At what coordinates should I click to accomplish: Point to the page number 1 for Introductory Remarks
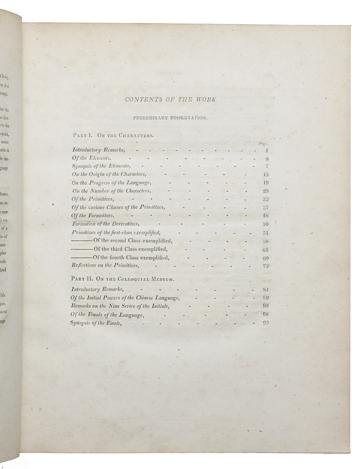(266, 150)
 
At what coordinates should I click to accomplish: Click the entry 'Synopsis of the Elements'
(101, 166)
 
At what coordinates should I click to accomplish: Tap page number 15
(265, 174)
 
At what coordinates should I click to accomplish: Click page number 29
(265, 191)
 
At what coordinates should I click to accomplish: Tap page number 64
(265, 250)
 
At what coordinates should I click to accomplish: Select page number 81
(265, 290)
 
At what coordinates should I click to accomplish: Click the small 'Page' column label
(263, 143)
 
